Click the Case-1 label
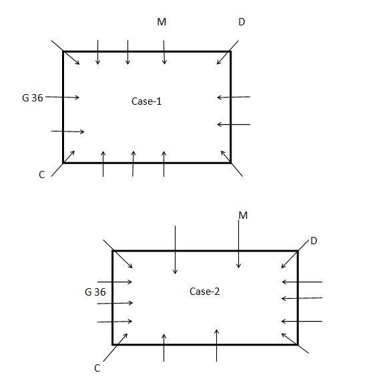point(147,101)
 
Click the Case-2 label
point(204,292)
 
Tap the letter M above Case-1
point(161,22)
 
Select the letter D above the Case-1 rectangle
point(242,22)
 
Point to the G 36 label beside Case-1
point(33,98)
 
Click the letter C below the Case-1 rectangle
point(42,175)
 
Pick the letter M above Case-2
point(243,216)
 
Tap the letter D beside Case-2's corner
point(314,241)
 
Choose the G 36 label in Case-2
point(95,292)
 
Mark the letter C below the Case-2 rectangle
point(97,368)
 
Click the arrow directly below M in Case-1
point(164,52)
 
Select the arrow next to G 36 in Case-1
point(63,97)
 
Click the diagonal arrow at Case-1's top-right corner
point(228,53)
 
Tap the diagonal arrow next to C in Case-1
point(63,163)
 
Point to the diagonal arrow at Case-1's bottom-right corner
point(232,163)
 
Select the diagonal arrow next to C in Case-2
point(115,348)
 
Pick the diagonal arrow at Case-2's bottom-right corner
point(295,343)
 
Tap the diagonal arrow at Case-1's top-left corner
point(65,53)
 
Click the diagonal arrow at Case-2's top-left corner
point(118,254)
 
